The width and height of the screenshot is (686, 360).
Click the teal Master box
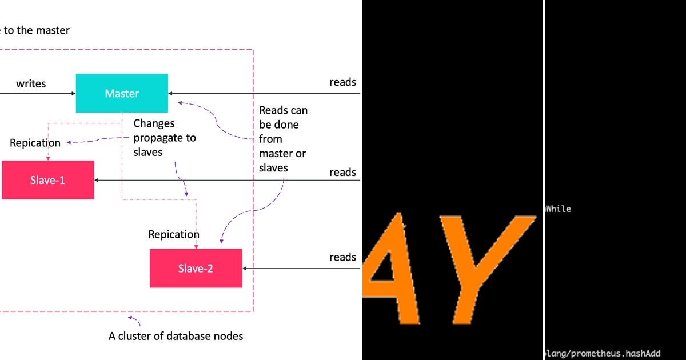(122, 93)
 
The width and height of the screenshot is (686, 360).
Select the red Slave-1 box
(48, 180)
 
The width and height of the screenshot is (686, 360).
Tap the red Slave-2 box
(196, 268)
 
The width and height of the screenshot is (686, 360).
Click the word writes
(31, 83)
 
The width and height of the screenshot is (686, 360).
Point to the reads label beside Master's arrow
(342, 82)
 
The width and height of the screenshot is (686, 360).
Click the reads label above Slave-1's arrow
(342, 172)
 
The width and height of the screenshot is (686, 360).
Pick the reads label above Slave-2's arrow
(342, 257)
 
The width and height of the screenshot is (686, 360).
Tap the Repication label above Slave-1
(35, 143)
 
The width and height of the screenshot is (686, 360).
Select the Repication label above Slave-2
(174, 234)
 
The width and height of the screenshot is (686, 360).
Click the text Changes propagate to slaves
(164, 138)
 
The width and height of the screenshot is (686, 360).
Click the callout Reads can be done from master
(283, 139)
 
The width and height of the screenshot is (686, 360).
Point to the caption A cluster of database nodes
(176, 336)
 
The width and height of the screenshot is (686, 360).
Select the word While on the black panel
(559, 209)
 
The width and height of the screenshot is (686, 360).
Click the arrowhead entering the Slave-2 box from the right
(245, 268)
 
